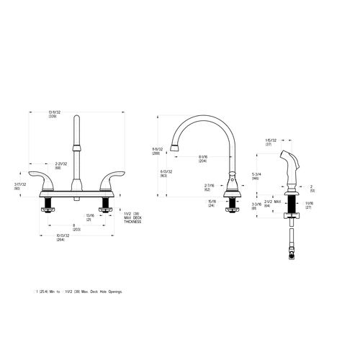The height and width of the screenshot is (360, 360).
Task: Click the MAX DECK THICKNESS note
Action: pyautogui.click(x=133, y=217)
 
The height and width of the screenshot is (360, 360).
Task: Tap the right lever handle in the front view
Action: pyautogui.click(x=114, y=181)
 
